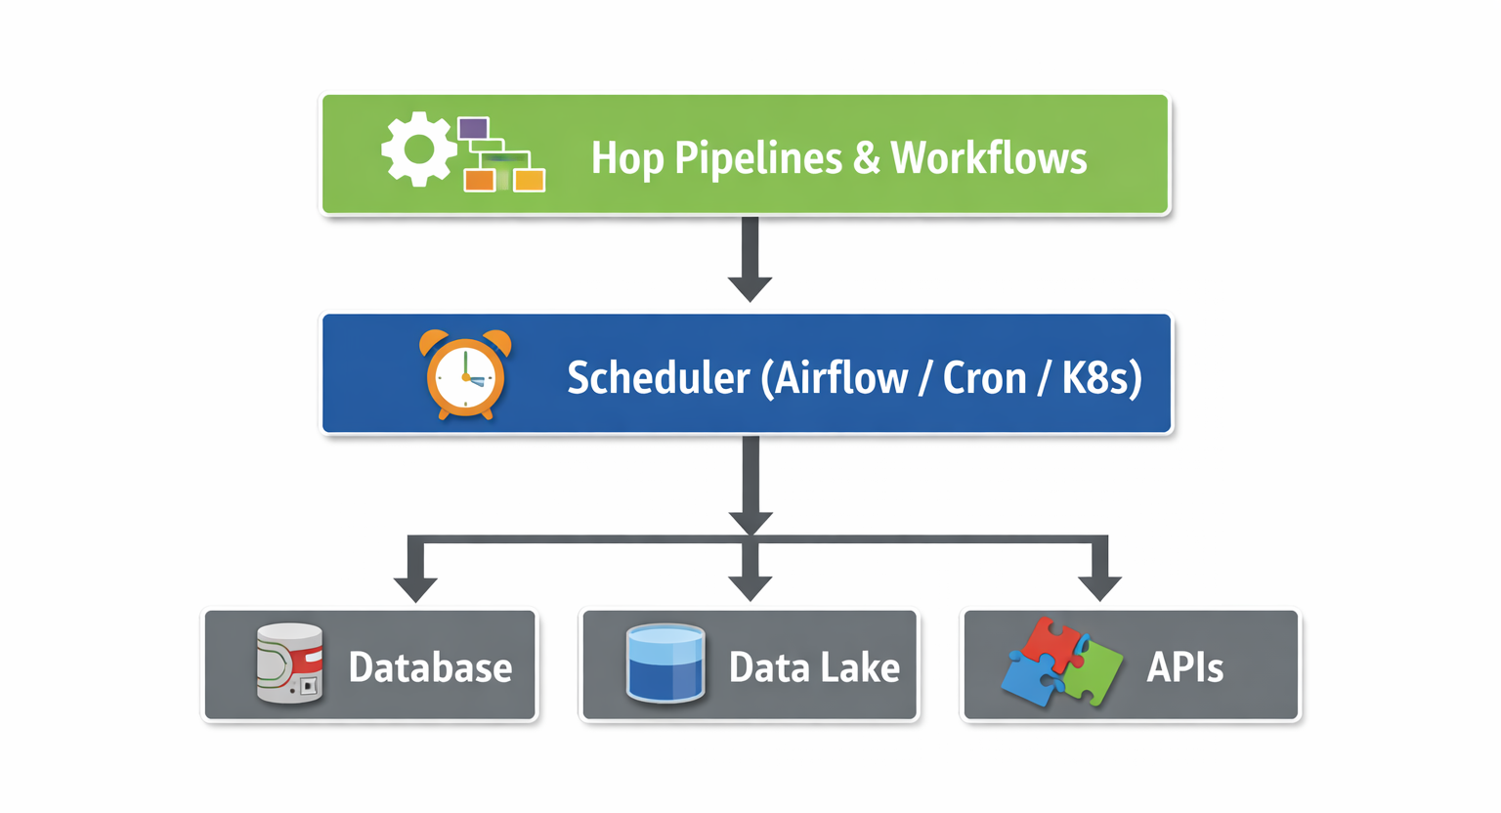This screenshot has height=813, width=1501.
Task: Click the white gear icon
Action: (418, 149)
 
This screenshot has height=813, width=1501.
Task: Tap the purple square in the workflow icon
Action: (473, 128)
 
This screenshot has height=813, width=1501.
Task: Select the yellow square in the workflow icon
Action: (529, 180)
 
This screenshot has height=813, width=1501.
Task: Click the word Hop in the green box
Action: (626, 158)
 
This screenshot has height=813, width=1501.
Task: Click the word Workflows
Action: (988, 158)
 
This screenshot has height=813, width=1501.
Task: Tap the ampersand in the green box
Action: (867, 158)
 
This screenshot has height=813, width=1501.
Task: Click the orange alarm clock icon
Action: (465, 375)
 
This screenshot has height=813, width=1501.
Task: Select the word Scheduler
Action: (658, 378)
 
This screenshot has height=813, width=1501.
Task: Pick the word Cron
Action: (984, 378)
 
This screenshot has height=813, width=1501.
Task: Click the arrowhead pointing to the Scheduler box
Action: (750, 288)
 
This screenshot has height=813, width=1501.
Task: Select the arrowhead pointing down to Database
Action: (415, 588)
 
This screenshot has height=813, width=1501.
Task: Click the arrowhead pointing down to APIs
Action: (1099, 588)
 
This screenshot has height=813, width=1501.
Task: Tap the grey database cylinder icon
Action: (289, 664)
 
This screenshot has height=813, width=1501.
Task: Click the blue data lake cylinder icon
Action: (665, 664)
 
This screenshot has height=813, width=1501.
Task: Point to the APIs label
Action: (1184, 667)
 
